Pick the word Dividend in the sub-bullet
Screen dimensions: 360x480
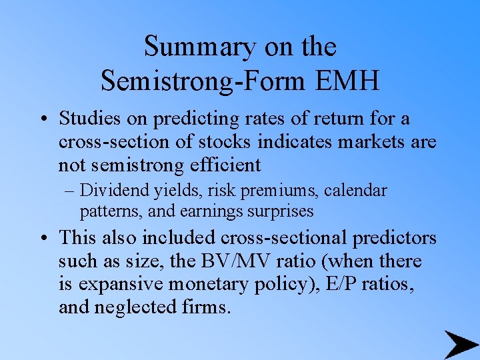pos(106,191)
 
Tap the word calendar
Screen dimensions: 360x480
pos(356,191)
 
